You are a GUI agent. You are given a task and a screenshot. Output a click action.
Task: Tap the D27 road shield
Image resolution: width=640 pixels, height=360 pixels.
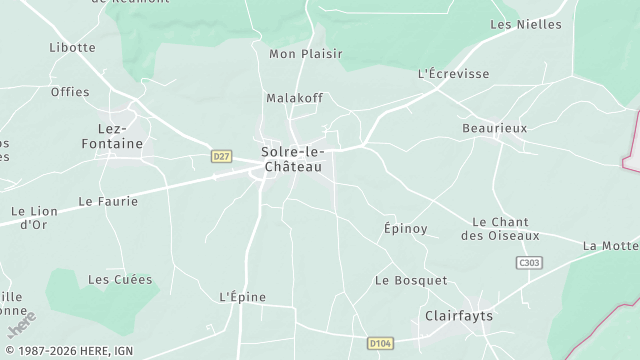tap(222, 156)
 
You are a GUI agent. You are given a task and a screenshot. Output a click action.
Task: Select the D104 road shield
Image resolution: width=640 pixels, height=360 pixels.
tap(379, 343)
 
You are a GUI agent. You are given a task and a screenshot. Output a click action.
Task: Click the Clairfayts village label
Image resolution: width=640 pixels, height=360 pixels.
tap(459, 316)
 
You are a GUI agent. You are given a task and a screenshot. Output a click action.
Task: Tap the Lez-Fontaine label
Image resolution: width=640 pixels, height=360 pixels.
tap(112, 136)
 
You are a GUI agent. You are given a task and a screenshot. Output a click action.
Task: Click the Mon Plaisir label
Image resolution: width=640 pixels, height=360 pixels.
tap(306, 54)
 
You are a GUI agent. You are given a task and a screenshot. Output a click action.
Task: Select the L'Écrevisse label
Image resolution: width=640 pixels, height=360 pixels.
tap(453, 74)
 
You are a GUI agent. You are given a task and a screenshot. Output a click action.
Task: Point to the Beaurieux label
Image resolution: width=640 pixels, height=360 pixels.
tap(494, 129)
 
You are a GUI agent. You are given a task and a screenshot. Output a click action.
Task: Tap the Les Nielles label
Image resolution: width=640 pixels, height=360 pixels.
tap(526, 24)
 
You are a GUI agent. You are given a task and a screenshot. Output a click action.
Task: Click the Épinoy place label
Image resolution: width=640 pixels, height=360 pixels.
tap(406, 229)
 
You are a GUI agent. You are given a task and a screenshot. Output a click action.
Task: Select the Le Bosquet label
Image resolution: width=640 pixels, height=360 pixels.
tap(411, 280)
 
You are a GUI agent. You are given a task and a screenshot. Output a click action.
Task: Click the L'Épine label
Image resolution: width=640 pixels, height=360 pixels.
tap(240, 297)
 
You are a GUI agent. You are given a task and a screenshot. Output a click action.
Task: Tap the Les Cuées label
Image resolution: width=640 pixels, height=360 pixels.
tap(113, 280)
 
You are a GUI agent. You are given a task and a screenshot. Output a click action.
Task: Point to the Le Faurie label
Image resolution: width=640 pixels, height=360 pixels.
tap(107, 201)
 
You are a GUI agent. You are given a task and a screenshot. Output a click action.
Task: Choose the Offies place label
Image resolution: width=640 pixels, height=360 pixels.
tap(70, 92)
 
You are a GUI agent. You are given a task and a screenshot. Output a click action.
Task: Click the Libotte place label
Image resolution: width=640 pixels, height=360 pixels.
tap(72, 47)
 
